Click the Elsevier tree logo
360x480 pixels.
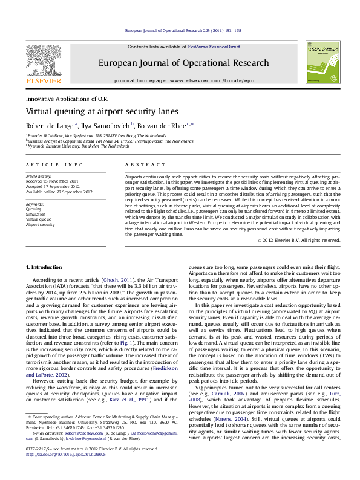click(43, 60)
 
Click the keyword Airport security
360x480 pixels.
click(41, 224)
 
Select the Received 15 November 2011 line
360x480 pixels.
click(53, 181)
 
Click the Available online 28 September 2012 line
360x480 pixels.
click(59, 192)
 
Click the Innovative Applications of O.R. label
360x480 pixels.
click(67, 98)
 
